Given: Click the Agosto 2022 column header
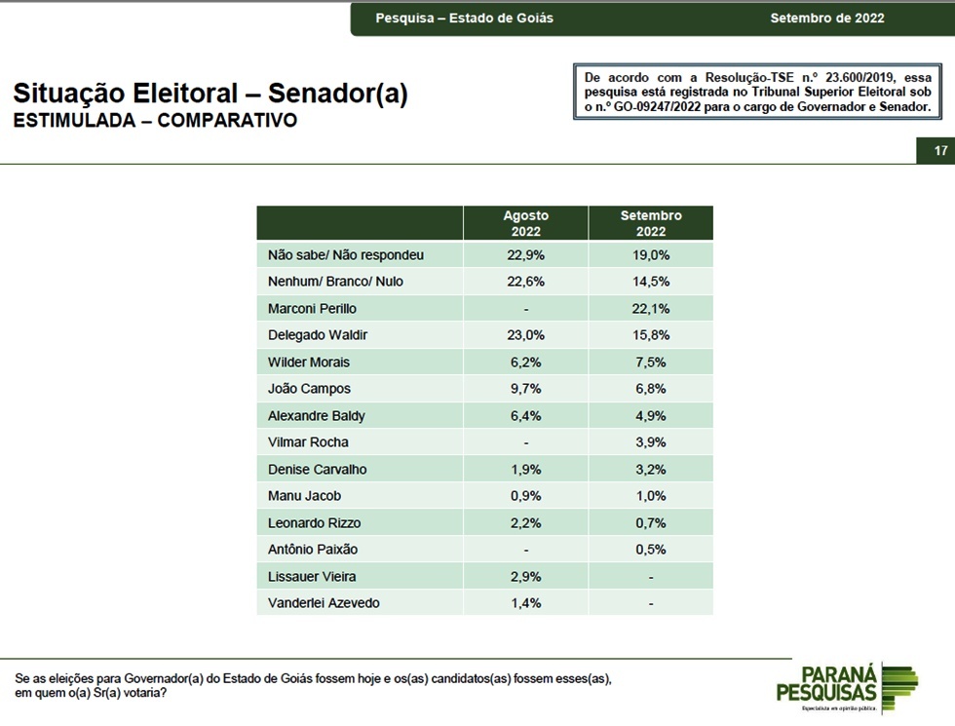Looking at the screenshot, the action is (x=525, y=223).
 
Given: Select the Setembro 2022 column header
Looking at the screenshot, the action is (x=651, y=223).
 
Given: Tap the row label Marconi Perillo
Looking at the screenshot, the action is (x=312, y=309).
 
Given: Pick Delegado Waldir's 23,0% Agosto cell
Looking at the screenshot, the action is (x=525, y=335).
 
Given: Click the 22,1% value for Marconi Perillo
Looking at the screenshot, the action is (x=651, y=309).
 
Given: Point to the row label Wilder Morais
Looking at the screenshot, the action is (x=309, y=363).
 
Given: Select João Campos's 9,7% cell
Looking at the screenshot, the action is (x=525, y=389).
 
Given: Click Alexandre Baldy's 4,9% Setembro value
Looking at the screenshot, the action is (x=651, y=416).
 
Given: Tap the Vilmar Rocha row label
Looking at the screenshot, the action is (x=308, y=442).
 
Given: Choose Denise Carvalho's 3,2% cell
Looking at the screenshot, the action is (x=651, y=470).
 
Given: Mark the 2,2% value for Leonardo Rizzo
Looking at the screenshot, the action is (x=525, y=523).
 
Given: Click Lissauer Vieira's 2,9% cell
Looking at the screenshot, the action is (x=525, y=577).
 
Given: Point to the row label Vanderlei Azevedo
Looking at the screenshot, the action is (x=324, y=603).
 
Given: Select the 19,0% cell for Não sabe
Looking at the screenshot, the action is (x=651, y=255).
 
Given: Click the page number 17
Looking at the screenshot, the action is (x=940, y=150).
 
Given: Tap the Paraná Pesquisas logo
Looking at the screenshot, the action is (x=847, y=688).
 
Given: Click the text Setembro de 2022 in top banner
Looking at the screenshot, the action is (x=827, y=19).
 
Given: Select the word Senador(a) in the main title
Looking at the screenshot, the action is (x=337, y=94).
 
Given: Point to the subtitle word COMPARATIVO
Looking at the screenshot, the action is (x=227, y=120).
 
